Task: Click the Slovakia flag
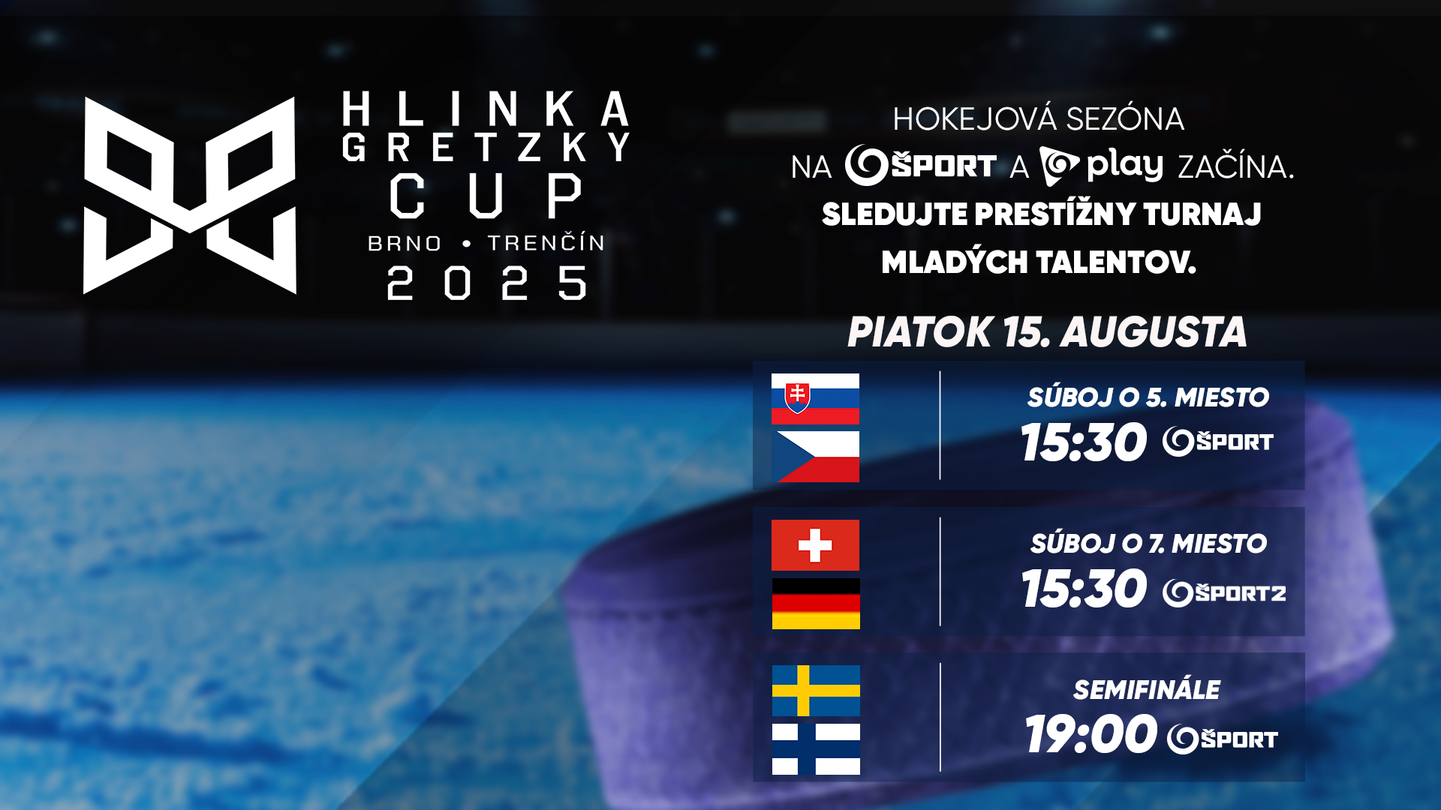(x=815, y=398)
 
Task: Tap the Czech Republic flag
(x=815, y=456)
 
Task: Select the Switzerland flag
(x=815, y=545)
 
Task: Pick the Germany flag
(x=816, y=603)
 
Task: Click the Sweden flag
(x=816, y=691)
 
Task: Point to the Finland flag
(x=816, y=748)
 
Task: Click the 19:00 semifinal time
(x=1091, y=734)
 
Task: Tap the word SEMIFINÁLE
(x=1147, y=690)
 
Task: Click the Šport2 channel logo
(x=1224, y=592)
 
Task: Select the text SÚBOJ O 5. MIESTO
(x=1148, y=397)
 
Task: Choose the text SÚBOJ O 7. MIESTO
(x=1148, y=543)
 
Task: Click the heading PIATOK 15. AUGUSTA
(x=1047, y=331)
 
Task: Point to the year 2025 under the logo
(x=486, y=283)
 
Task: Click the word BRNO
(x=405, y=244)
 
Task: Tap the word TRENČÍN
(x=546, y=241)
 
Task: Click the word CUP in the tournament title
(x=486, y=196)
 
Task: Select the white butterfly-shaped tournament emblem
(x=190, y=195)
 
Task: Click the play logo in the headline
(x=1101, y=166)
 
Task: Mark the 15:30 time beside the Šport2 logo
(x=1084, y=589)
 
